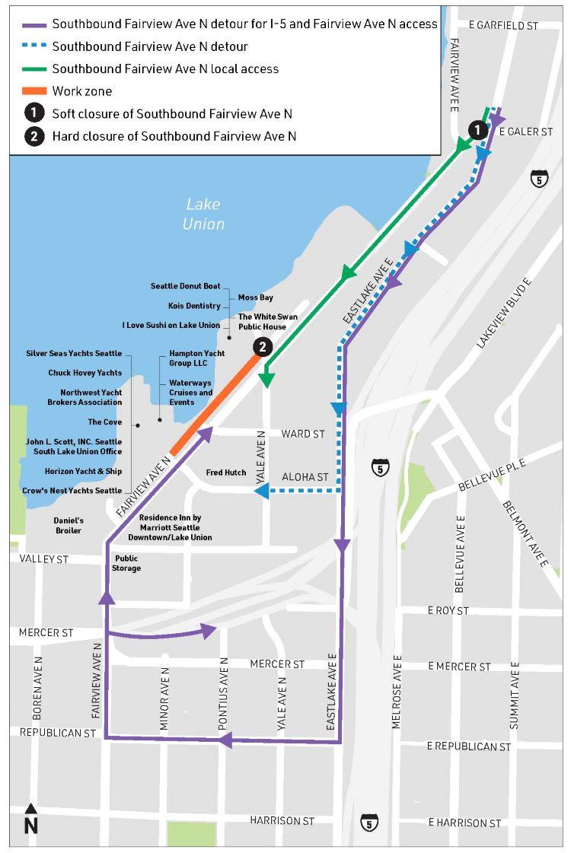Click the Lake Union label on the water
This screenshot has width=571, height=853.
point(203,214)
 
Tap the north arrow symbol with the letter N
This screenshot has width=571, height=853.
point(30,819)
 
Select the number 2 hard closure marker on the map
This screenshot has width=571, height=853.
point(262,347)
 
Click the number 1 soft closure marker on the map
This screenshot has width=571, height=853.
point(477,130)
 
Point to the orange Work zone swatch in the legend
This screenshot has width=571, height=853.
point(31,91)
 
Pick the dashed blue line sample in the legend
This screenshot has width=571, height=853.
point(31,46)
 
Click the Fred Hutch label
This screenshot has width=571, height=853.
point(226,473)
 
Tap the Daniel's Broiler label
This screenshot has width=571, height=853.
point(69,524)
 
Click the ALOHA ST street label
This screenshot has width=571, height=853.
point(305,477)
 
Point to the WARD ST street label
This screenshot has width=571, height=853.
point(303,434)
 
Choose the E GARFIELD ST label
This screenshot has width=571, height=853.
point(503,25)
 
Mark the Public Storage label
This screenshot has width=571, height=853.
point(127,563)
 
